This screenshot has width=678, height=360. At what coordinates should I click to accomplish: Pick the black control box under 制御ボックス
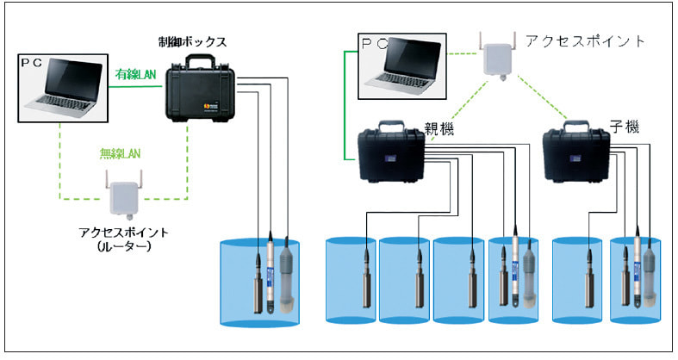(200, 93)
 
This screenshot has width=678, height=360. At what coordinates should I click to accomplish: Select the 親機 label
(440, 128)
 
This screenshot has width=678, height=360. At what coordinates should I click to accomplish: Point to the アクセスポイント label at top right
(586, 40)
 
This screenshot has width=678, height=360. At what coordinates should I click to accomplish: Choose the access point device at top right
(499, 58)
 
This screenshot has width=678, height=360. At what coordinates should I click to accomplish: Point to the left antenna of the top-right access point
(482, 40)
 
